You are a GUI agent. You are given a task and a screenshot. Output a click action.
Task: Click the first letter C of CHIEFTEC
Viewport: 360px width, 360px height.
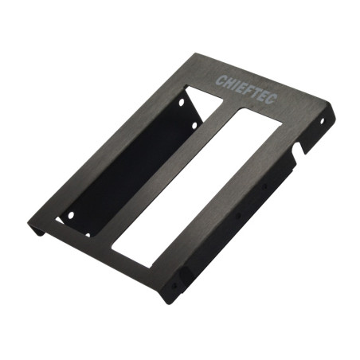[x=219, y=80]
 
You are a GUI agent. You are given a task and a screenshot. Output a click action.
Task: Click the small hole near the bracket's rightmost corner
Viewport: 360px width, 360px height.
[x=322, y=121]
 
